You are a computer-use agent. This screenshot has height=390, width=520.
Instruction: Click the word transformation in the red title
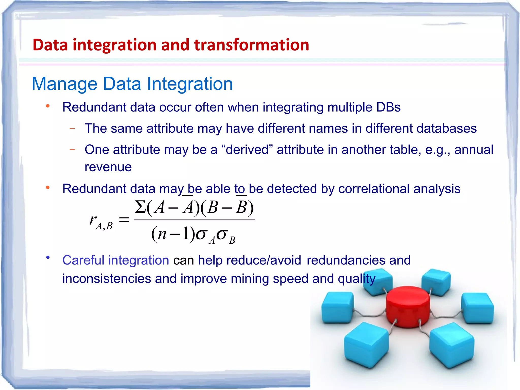point(252,45)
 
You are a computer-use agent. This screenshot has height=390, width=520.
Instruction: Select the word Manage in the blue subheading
point(64,84)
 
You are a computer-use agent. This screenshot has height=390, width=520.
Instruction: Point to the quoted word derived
point(247,150)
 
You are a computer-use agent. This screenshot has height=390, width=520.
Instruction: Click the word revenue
point(108,167)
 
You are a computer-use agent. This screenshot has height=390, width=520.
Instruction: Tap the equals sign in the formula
point(124,220)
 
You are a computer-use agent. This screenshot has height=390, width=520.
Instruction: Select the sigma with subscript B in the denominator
point(226,235)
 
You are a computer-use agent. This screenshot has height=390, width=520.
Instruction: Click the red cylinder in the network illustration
point(408,306)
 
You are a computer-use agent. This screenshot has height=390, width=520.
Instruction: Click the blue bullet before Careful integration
point(48,258)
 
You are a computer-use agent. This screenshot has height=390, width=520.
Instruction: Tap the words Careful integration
point(116,260)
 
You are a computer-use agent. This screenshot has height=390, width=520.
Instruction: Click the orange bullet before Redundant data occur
point(48,106)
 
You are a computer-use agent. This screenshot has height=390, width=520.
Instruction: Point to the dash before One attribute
point(72,150)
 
